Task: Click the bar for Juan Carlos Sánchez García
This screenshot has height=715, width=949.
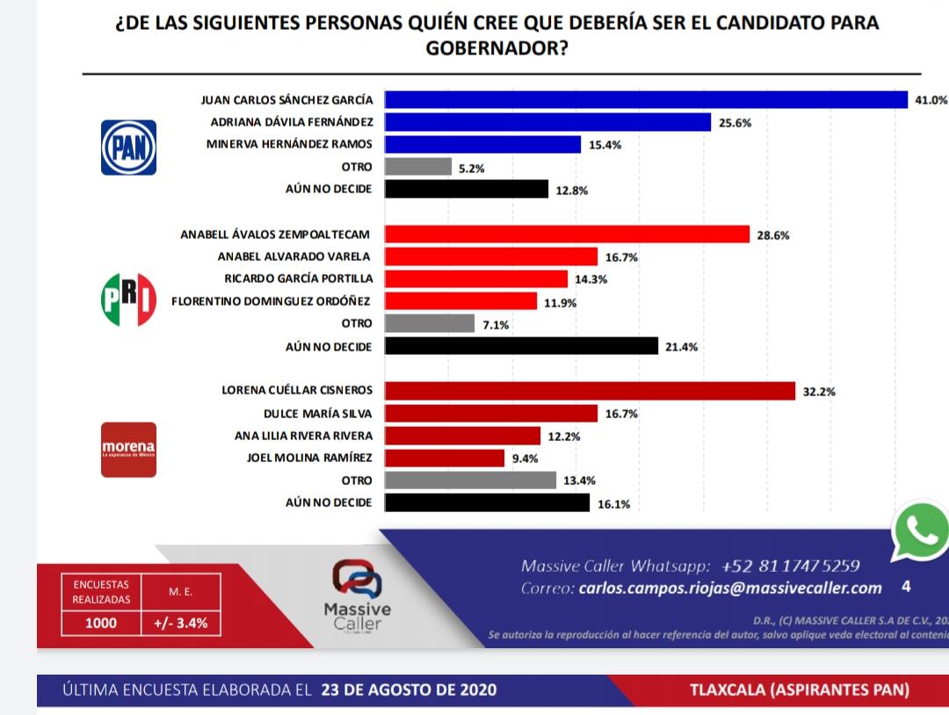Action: tap(646, 100)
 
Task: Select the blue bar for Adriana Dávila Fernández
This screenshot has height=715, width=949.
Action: tap(547, 122)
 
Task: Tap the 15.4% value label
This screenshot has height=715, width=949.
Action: tap(605, 145)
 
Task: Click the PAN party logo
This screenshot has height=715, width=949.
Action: tap(130, 147)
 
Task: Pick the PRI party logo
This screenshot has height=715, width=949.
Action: tap(130, 299)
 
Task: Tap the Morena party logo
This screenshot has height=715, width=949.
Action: tap(129, 450)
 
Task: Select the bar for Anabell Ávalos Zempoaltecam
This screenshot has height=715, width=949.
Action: tap(568, 235)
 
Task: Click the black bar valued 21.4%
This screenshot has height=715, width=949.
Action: tap(522, 346)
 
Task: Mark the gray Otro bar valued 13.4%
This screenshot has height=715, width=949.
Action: tap(471, 480)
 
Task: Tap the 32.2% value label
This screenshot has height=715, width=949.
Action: tap(819, 392)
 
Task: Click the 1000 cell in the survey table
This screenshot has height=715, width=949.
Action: tap(101, 624)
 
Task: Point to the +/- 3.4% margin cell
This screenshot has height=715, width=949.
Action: tap(180, 624)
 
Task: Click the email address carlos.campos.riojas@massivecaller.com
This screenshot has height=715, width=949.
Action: tap(730, 588)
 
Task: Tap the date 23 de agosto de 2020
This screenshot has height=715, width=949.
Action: tap(409, 690)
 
